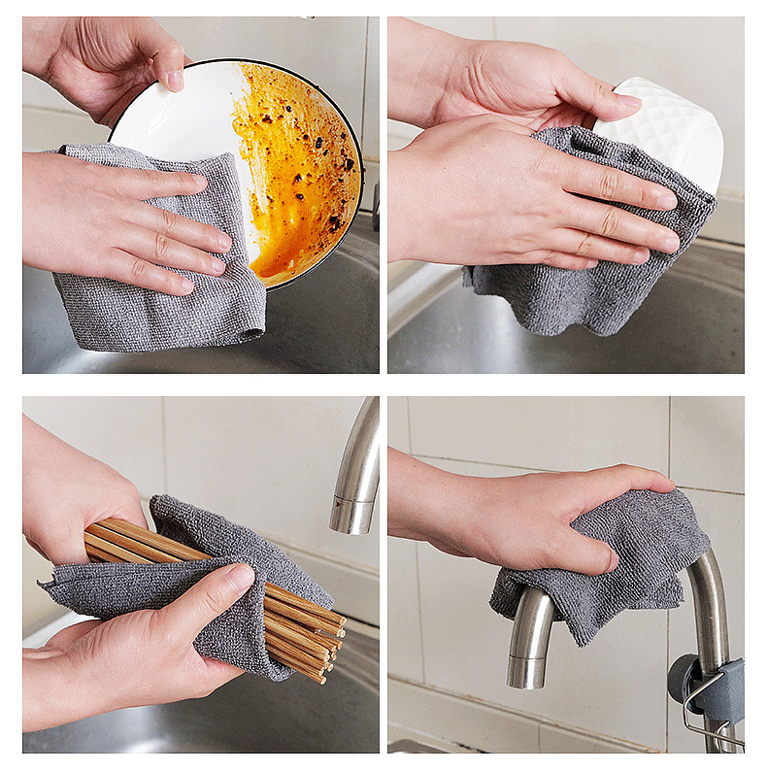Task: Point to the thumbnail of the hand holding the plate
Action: point(174,80)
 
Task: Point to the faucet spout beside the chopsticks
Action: point(357,466)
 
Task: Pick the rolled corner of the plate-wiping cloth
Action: point(250,334)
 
